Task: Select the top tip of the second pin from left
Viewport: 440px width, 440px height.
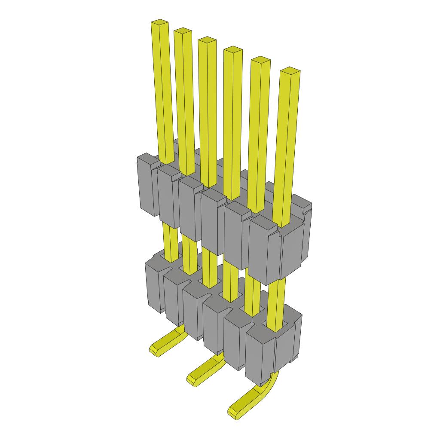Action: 183,31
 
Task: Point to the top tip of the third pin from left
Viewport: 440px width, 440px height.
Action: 207,40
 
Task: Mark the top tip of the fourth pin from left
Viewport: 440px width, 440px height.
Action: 233,49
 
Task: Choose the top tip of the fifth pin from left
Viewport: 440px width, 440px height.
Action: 260,60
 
